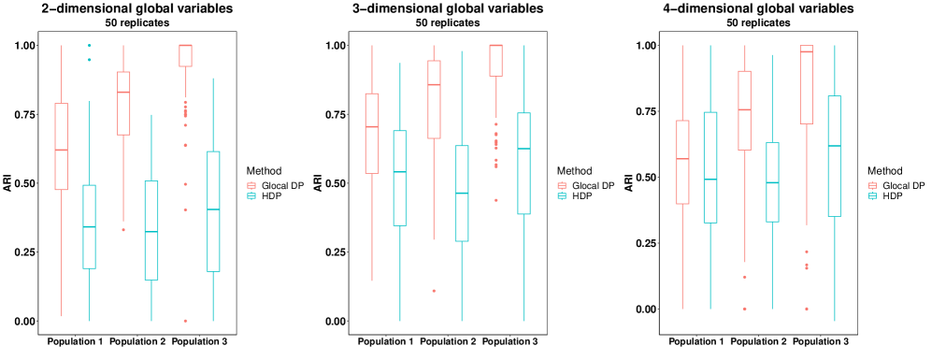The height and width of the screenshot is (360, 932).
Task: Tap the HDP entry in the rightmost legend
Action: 893,196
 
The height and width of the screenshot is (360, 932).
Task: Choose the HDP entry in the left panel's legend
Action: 269,196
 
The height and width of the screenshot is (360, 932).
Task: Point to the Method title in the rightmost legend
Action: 884,171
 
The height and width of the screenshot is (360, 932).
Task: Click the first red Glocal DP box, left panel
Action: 62,146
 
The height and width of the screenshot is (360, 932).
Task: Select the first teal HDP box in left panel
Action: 90,226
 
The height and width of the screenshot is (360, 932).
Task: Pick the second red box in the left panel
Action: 123,103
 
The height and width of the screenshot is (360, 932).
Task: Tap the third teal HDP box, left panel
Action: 213,211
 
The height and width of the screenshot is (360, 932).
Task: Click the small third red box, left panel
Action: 185,55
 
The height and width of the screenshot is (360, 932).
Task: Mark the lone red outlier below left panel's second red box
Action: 123,229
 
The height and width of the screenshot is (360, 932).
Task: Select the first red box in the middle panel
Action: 372,133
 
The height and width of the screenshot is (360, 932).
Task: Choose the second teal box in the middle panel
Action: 462,194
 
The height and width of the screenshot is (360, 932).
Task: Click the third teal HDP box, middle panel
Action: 523,164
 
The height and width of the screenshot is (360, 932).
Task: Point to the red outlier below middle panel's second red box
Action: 434,291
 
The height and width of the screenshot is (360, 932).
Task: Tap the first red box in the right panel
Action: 682,162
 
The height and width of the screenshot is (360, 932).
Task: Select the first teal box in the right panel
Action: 710,167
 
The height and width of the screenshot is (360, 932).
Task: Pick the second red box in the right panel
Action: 744,110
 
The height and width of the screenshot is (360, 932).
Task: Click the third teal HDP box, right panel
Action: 834,156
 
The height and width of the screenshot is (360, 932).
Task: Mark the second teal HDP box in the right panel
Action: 772,182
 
